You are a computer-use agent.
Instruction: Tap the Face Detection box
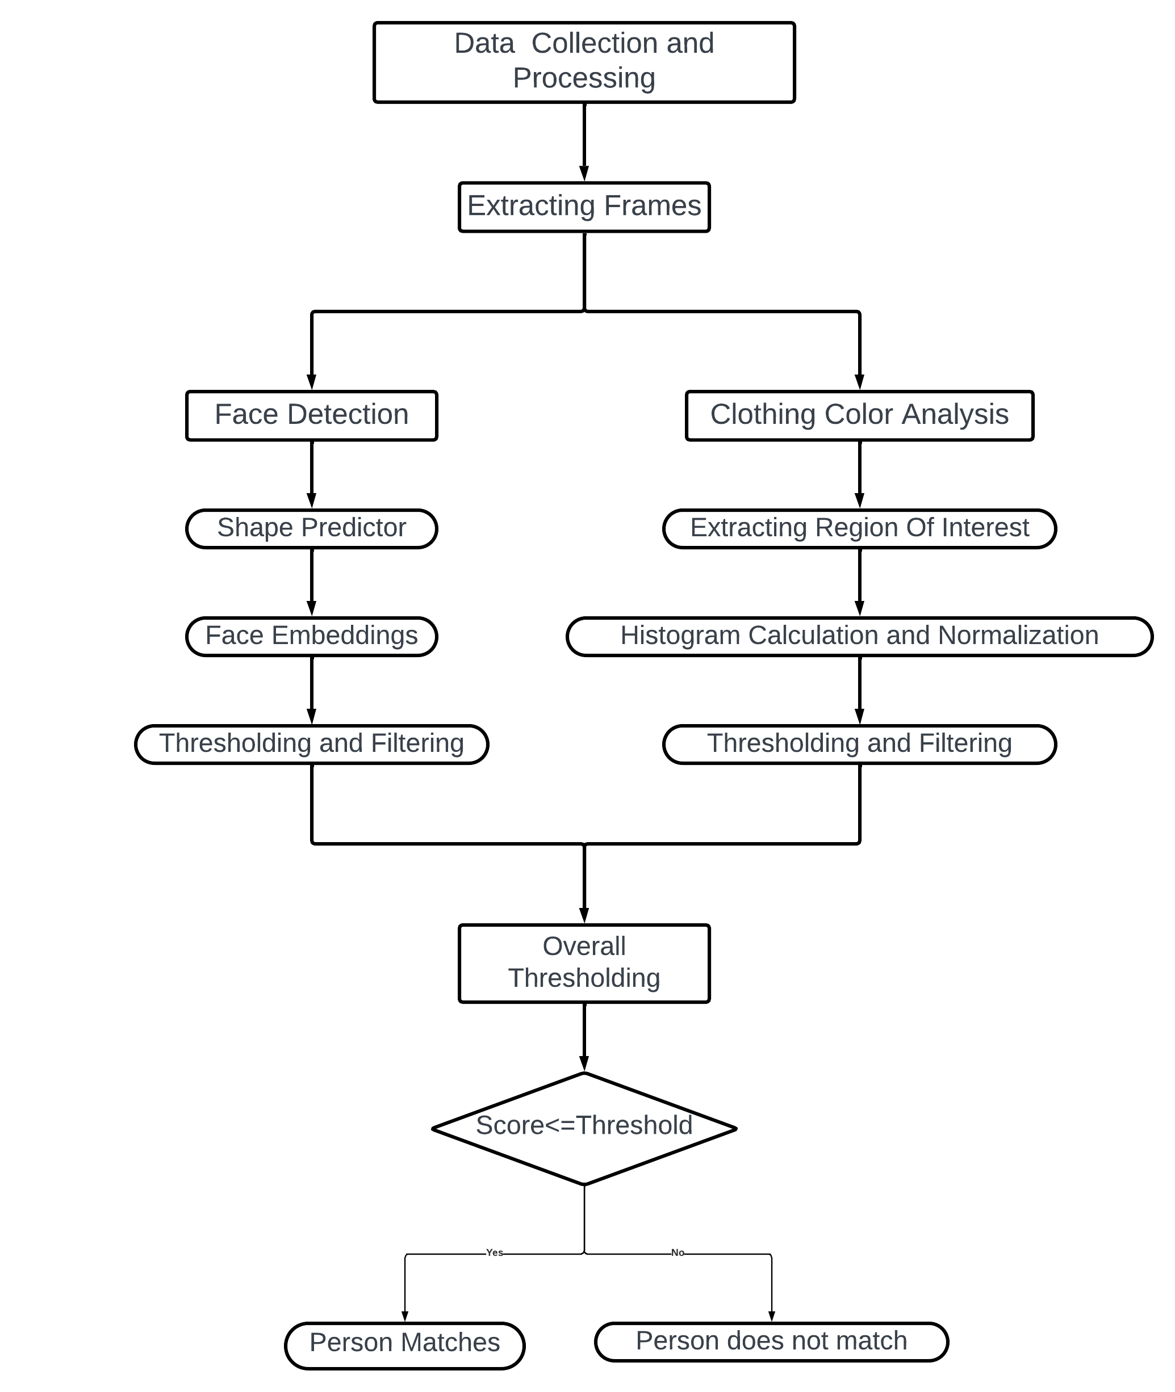(x=311, y=415)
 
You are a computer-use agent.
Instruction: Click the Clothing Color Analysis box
(x=859, y=415)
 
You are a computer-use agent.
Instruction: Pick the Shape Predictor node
(x=311, y=528)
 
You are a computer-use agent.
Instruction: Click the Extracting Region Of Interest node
(x=859, y=528)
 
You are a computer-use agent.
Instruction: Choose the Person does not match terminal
(x=771, y=1342)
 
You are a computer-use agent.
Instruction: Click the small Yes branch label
(x=494, y=1252)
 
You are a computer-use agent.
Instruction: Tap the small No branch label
(x=677, y=1252)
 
